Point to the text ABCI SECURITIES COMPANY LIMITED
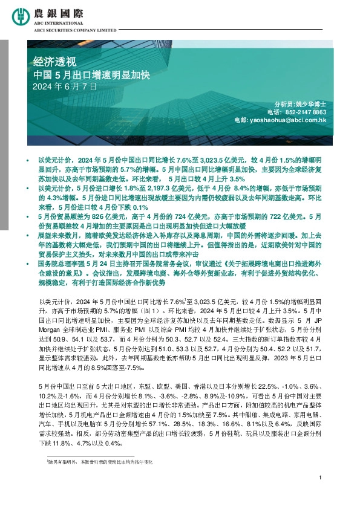pyautogui.click(x=82, y=28)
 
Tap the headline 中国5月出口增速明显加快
pyautogui.click(x=94, y=75)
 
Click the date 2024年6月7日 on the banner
pyautogui.click(x=65, y=87)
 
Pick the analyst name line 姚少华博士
pyautogui.click(x=313, y=104)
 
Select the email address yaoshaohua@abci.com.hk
pyautogui.click(x=289, y=121)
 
